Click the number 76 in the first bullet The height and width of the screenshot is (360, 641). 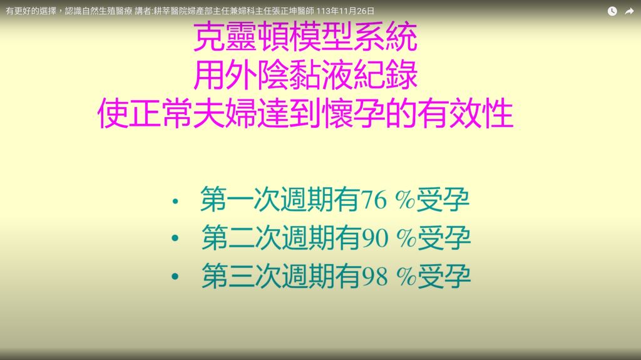373,200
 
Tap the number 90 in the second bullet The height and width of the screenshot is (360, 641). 375,239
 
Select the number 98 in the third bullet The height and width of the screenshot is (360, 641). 374,277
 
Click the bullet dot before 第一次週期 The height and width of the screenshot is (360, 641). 175,201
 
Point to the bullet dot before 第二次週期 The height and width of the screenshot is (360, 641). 175,238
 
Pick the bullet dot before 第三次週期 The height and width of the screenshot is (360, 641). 175,277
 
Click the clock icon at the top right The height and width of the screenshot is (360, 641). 612,11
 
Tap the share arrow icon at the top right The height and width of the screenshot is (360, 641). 629,11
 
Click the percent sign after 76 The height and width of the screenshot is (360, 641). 405,200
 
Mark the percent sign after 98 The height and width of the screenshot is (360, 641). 406,277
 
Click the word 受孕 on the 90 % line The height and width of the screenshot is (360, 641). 444,238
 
